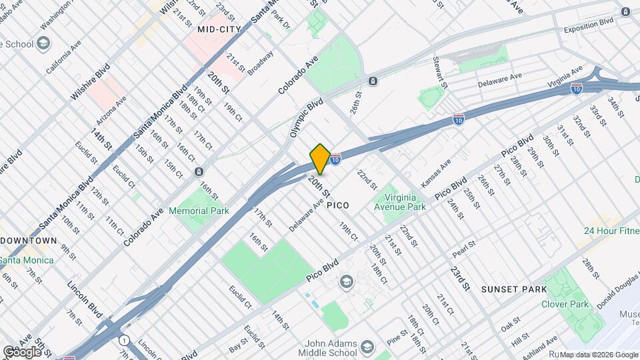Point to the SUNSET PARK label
pyautogui.click(x=514, y=289)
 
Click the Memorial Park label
pyautogui.click(x=199, y=211)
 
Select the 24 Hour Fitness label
pyautogui.click(x=611, y=231)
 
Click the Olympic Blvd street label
pyautogui.click(x=306, y=118)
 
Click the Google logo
pyautogui.click(x=21, y=351)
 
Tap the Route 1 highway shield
pyautogui.click(x=124, y=340)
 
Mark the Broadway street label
pyautogui.click(x=261, y=63)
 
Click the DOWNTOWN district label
pyautogui.click(x=28, y=240)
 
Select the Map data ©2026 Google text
pyautogui.click(x=599, y=355)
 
